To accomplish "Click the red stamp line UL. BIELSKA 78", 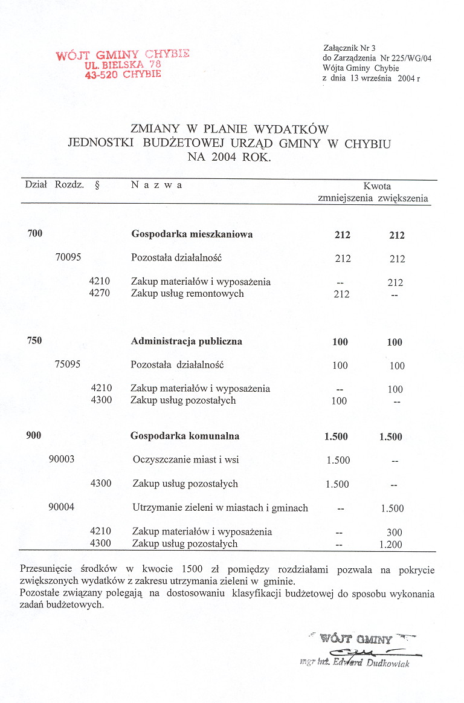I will pos(123,64).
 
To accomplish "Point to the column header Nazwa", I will pos(156,185).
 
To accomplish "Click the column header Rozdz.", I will pos(69,185).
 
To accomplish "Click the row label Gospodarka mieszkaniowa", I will pos(192,235).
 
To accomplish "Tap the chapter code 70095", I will pos(68,257).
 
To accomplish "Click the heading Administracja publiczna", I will pos(187,341).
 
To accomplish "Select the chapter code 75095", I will pos(68,364).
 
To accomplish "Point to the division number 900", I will pos(34,435).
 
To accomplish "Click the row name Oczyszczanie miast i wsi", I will pos(185,459).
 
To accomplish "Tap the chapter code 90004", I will pos(62,507).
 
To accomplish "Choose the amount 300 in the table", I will pos(395,533).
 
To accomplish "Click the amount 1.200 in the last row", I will pos(391,545).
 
